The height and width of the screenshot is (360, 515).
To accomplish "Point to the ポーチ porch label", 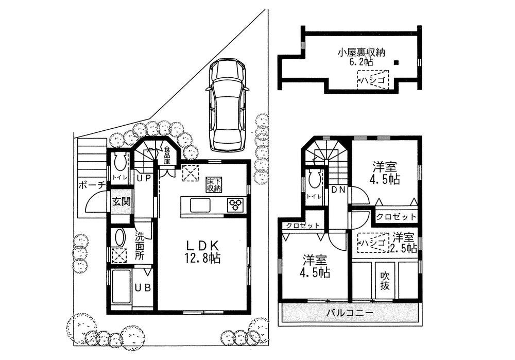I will pos(92,185).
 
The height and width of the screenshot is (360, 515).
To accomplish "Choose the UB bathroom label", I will pos(143,287).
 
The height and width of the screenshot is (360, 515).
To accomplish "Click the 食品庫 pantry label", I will pos(167,155).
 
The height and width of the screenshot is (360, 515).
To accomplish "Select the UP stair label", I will pos(144,178).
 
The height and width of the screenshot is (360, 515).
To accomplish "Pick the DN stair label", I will pos(337,190).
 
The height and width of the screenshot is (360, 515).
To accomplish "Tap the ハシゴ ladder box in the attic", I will pos(373,80).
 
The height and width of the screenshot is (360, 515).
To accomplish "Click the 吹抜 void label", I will pos(385,281).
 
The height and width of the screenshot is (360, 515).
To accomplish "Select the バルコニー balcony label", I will pos(350,313).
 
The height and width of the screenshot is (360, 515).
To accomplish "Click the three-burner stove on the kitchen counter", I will pos(236,204).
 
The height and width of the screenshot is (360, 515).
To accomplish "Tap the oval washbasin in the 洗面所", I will pos(119,237).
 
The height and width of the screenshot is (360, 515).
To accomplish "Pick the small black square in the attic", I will pos(397,63).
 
